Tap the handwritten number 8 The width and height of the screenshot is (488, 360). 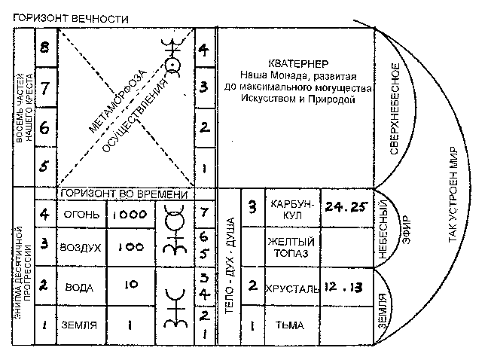(x=44, y=48)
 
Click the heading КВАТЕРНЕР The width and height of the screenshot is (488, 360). (x=295, y=63)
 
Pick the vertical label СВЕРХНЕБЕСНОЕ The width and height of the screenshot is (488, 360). (x=395, y=109)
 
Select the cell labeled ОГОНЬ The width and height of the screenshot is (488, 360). (x=78, y=214)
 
